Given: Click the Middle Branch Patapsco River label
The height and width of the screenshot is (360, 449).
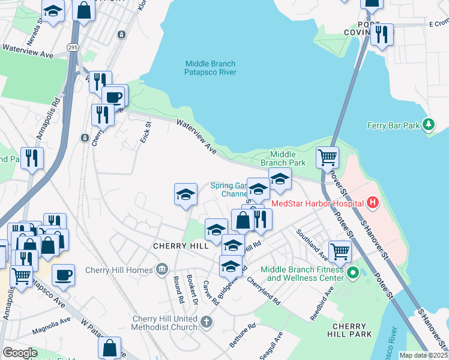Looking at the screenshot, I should point(210,68).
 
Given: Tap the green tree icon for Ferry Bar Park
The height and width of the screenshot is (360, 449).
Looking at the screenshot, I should point(428,125).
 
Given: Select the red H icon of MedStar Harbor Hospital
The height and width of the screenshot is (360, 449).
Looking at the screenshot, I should point(373,203).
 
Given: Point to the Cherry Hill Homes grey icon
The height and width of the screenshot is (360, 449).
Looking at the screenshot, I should point(161,269).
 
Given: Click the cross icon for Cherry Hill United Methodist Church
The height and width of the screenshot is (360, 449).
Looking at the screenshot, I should point(206,323).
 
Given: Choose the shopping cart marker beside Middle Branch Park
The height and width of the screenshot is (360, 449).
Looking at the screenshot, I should point(327,158).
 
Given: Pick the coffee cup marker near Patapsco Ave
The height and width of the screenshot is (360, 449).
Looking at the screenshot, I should point(63,275).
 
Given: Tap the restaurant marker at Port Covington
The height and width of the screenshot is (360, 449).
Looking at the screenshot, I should point(381,35).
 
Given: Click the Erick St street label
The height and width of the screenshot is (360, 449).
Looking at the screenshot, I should point(145,131).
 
